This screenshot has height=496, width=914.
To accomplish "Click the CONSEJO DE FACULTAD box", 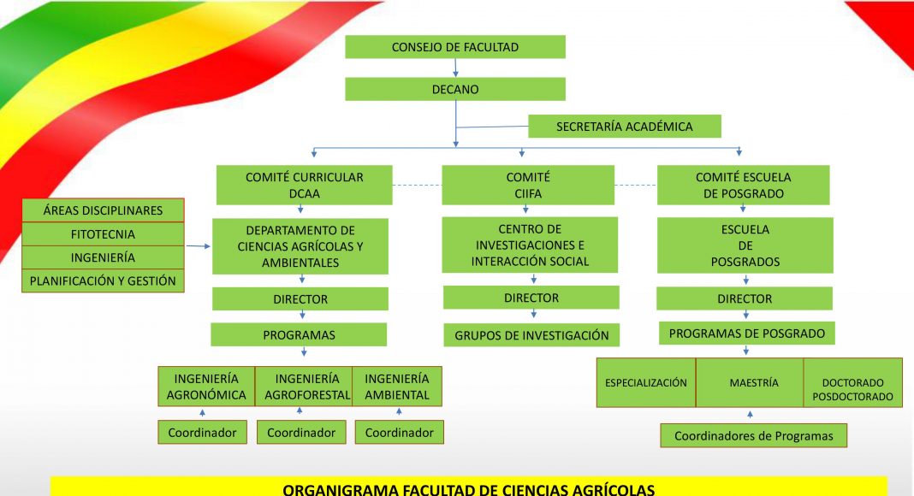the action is tap(455, 46).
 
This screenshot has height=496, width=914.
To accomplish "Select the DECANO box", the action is tap(455, 89).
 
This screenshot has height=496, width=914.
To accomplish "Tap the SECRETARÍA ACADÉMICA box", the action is tap(624, 127).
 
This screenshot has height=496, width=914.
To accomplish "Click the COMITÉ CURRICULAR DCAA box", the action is tap(305, 185).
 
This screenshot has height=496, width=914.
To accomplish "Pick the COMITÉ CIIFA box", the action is tap(528, 185).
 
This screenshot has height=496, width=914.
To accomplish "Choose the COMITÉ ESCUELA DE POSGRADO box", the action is tap(743, 185).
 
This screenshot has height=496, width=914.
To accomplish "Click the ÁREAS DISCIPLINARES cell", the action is tap(104, 210).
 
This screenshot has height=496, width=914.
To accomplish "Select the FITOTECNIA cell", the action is tap(104, 234).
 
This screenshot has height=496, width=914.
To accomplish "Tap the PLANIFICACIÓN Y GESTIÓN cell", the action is tap(104, 280).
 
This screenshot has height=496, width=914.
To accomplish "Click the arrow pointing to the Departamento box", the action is tap(199, 246).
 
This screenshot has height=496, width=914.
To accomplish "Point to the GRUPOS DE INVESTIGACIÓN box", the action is tap(531, 335).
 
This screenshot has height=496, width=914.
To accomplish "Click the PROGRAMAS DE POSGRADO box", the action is tap(747, 334).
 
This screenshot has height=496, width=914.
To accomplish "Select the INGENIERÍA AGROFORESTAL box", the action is tap(304, 387).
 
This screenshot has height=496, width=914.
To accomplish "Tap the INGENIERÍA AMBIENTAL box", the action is tap(397, 387).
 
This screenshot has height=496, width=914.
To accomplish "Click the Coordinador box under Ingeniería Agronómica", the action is tap(202, 433).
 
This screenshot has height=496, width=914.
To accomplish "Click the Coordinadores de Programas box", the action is tap(754, 435).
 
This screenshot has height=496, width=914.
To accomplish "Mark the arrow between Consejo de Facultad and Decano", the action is tap(455, 68).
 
